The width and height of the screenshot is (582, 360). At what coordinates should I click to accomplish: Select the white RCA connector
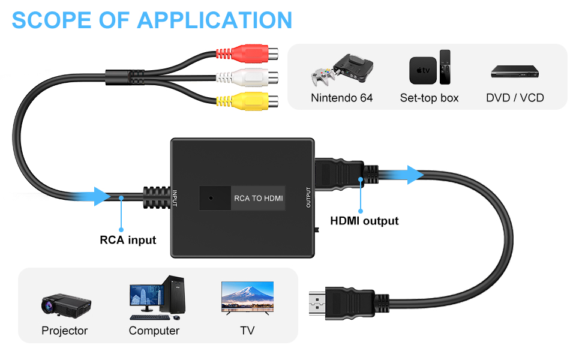[x=256, y=77]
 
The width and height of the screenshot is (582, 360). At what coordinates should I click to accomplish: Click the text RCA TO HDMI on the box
[x=258, y=198]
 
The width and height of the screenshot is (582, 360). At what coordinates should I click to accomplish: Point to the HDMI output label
[x=364, y=221]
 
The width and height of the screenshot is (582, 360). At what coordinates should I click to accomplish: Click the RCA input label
[x=128, y=240]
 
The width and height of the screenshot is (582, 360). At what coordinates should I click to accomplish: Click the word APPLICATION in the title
[x=215, y=20]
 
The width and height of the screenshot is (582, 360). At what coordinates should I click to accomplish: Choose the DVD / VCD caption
[x=515, y=97]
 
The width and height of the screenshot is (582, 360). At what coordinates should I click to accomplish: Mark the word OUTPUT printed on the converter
[x=308, y=197]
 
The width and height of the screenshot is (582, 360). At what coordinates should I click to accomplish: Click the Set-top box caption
[x=429, y=97]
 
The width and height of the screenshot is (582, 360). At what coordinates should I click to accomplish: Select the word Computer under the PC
[x=154, y=331]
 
